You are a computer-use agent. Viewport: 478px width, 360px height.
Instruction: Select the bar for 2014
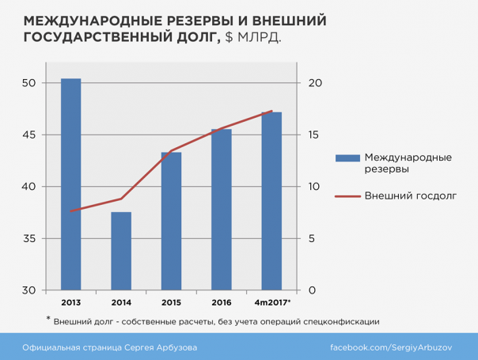[121, 251]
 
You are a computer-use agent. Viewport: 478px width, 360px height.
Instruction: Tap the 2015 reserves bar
[172, 221]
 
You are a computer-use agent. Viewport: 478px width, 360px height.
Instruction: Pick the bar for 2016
[222, 209]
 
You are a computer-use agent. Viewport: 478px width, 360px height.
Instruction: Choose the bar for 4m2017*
[271, 201]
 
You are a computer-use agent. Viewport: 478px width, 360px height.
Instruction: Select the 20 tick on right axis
[313, 83]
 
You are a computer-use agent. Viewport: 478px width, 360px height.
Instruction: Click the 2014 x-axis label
[121, 302]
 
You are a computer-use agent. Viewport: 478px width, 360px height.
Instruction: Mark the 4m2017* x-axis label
[272, 302]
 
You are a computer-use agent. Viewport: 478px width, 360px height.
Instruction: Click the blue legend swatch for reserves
[346, 157]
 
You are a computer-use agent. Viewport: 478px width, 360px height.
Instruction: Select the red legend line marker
[346, 195]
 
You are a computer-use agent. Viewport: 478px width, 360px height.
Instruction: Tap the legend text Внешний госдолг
[411, 195]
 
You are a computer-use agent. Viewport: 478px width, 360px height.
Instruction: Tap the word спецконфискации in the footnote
[340, 321]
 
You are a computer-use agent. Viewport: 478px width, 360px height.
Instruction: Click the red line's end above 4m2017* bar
[271, 111]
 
